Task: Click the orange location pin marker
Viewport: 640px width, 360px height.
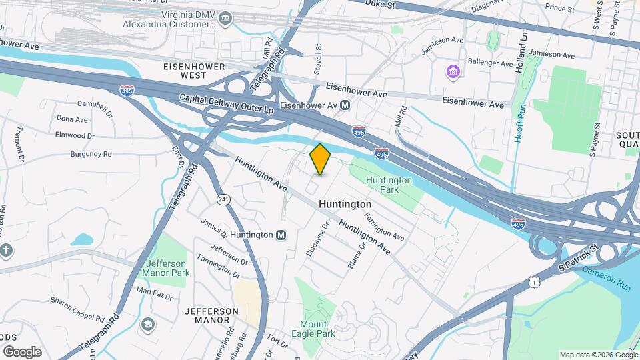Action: (320, 159)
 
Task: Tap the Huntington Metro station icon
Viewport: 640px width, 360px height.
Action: (281, 235)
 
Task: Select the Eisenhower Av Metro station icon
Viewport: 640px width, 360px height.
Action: (345, 105)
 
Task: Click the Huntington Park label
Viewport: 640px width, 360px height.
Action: (389, 185)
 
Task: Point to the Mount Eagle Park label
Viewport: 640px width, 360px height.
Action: (313, 329)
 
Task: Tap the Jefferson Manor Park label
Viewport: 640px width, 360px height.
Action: (167, 268)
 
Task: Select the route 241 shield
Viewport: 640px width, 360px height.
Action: (223, 199)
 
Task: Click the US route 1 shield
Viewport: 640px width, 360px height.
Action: (533, 283)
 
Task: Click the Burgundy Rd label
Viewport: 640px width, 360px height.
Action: (91, 154)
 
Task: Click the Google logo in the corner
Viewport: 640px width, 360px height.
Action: (22, 351)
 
